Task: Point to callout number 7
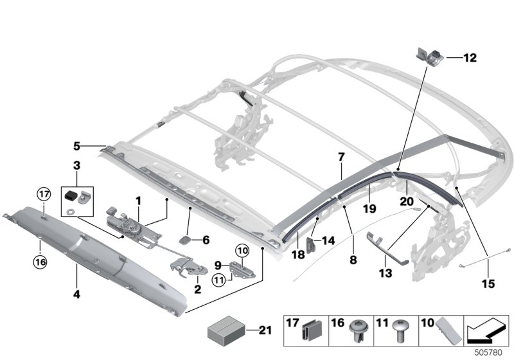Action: pos(341,157)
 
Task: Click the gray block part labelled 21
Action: pos(225,333)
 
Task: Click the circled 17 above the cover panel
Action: pos(43,192)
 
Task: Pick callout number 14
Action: pos(328,240)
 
